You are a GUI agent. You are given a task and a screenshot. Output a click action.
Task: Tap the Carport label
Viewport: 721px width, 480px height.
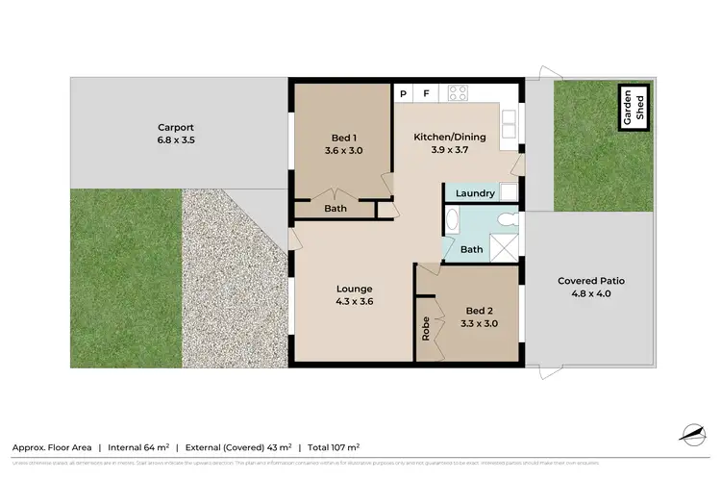coord(176,126)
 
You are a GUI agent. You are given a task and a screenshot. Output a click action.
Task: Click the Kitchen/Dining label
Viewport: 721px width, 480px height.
coord(450,138)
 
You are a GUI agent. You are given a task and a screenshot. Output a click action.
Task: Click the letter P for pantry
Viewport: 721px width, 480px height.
coord(404,94)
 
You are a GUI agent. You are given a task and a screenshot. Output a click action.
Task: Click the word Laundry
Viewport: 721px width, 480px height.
coord(475,193)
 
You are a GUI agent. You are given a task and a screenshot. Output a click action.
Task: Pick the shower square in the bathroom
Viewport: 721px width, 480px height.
coord(505,246)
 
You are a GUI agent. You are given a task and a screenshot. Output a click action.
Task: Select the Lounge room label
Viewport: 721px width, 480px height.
coord(354,289)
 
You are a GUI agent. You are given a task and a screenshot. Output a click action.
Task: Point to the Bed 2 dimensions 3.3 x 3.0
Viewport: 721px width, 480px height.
coord(478,324)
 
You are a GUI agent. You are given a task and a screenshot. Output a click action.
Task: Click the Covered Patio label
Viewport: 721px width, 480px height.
coord(591,281)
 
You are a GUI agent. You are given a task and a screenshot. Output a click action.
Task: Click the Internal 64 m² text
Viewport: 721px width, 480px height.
coord(138,447)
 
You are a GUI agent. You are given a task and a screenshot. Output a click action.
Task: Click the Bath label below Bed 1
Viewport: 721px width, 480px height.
coord(336,208)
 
